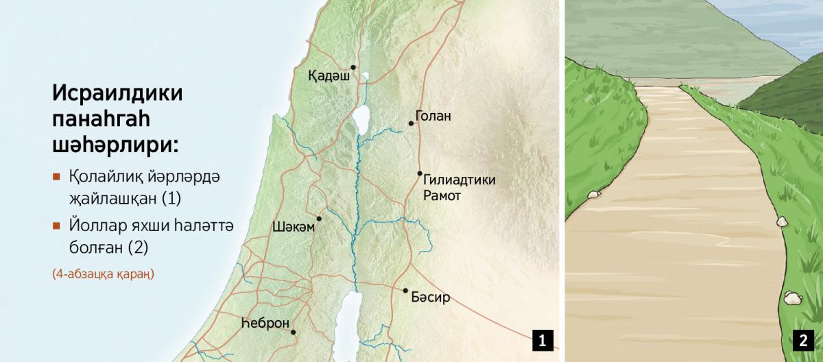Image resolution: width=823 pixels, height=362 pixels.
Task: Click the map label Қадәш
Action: (x=329, y=77)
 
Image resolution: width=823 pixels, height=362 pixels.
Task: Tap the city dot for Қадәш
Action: (x=353, y=67)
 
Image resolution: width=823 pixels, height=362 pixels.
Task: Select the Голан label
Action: (x=433, y=116)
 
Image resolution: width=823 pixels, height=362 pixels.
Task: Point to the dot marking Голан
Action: (x=411, y=123)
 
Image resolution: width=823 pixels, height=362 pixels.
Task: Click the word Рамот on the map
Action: (x=443, y=195)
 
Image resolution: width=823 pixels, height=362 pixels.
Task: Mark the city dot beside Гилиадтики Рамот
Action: (x=420, y=173)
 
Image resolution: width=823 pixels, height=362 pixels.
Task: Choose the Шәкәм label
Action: (x=294, y=227)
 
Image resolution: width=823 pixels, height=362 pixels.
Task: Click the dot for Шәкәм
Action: (x=318, y=219)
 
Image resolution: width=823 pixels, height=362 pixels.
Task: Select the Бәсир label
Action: (x=431, y=298)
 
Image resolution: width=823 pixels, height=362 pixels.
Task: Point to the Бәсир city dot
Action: (x=405, y=290)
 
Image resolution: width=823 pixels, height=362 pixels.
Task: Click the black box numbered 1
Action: (x=542, y=339)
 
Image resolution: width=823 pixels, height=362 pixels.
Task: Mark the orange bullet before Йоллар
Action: (x=56, y=224)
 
